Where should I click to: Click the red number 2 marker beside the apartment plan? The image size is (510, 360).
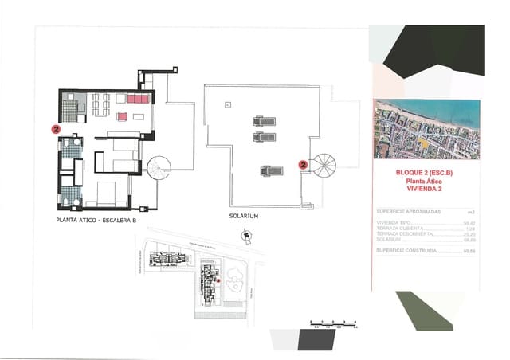55,127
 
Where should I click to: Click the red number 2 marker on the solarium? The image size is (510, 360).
303,165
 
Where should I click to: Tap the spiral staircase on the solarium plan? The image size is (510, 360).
324,166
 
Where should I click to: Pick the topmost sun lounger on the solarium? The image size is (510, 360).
264,122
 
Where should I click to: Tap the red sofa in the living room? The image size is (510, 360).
136,99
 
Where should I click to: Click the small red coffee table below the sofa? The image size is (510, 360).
123,116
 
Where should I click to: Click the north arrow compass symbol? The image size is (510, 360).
247,235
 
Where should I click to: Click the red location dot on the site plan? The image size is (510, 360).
218,280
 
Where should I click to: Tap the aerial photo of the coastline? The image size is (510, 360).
427,131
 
